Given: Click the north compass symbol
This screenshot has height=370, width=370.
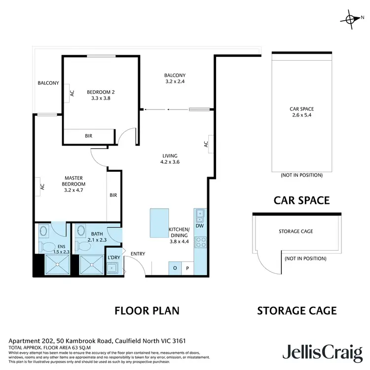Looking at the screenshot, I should coord(350,19).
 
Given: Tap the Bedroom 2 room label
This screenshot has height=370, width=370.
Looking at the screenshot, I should coord(101,95).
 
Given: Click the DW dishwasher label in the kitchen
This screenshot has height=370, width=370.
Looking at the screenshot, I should coord(199,225).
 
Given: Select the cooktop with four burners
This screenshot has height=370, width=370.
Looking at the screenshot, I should coord(201,242).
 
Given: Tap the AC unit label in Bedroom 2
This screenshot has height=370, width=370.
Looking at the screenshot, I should coord(72,92).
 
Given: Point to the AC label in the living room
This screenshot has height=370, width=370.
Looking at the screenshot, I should coord(206,144).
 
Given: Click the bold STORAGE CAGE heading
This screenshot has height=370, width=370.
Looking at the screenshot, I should coord(297,310).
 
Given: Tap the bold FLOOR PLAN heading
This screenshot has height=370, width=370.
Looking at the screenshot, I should coord(147,310).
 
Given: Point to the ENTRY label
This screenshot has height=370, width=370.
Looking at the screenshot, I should coord(138,254).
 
